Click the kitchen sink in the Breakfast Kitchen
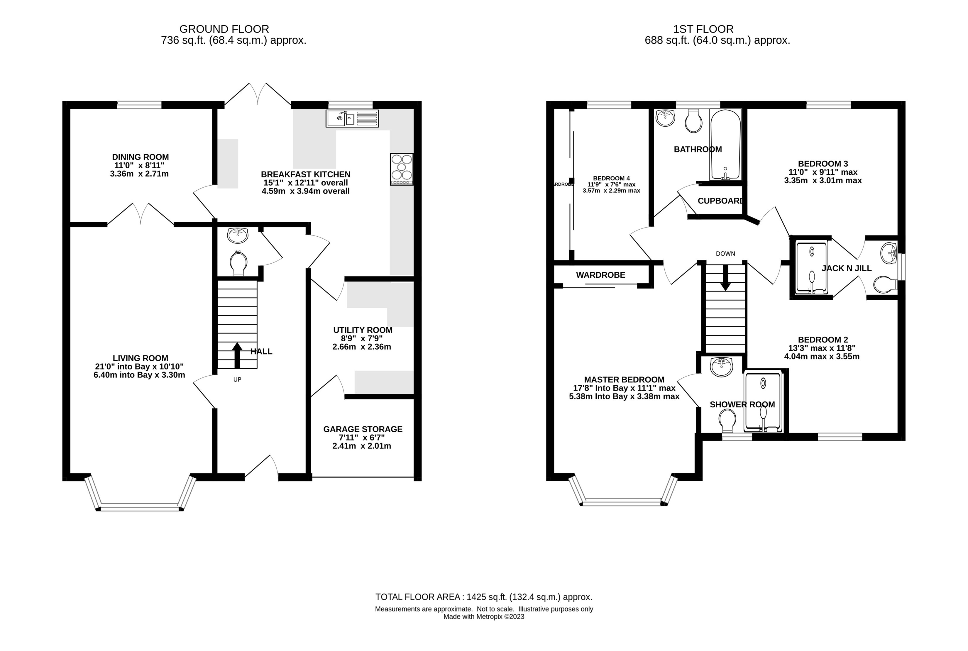click(352, 118)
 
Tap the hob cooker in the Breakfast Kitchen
click(402, 169)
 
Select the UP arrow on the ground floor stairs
click(237, 355)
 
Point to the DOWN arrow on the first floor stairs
click(725, 278)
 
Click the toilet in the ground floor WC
click(238, 264)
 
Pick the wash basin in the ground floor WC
click(238, 235)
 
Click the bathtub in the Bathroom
click(725, 145)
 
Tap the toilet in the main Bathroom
click(693, 121)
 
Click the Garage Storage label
click(363, 438)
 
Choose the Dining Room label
click(140, 165)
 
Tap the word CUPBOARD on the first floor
click(721, 201)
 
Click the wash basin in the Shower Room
click(722, 367)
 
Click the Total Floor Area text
click(484, 597)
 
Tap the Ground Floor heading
click(224, 29)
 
